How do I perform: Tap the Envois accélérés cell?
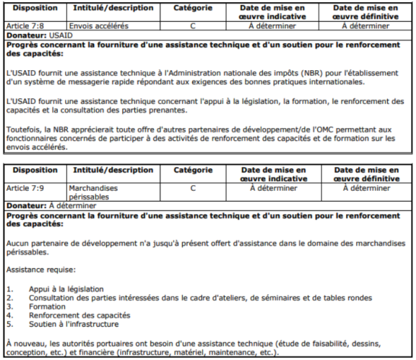[x=97, y=25]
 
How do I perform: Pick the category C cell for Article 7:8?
[x=193, y=25]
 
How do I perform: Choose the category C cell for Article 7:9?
[x=193, y=188]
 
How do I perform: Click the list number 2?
[x=9, y=298]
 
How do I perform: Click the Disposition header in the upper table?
[x=35, y=8]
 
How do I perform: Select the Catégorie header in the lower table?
[x=193, y=171]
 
